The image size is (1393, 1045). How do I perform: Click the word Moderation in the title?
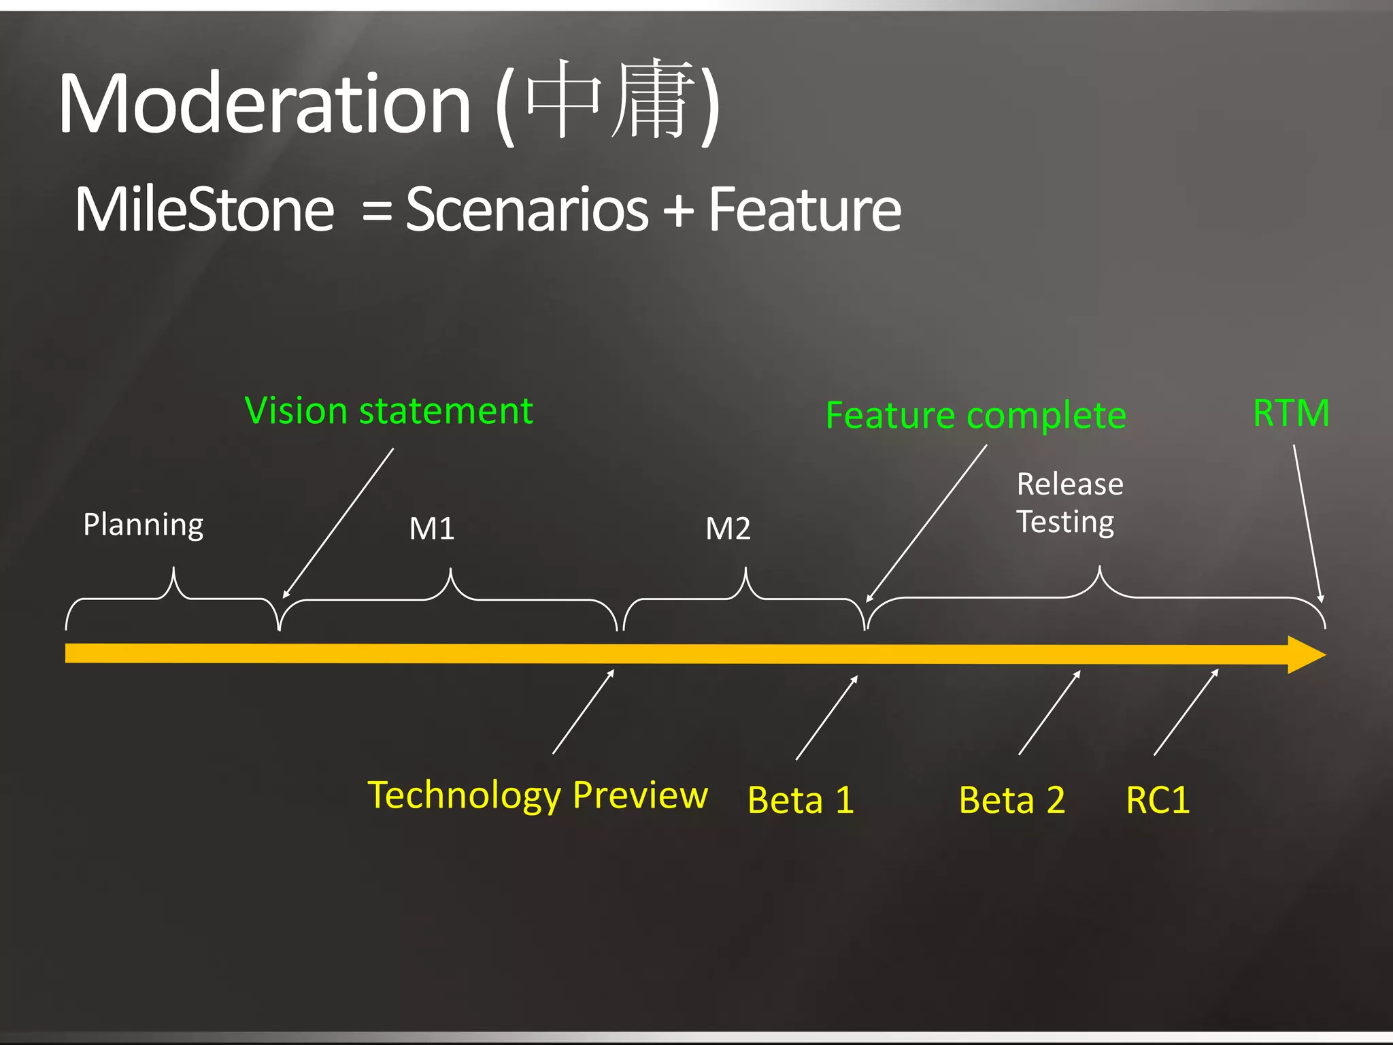(265, 104)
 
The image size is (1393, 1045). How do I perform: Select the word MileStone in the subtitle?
(204, 210)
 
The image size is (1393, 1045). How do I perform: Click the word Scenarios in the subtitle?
(527, 210)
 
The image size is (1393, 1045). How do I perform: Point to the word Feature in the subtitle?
(805, 210)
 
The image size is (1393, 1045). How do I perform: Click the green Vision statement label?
(388, 412)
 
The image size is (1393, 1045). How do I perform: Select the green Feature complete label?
(975, 416)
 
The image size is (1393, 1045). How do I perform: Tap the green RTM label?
(1290, 413)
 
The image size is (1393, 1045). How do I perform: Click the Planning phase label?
(144, 525)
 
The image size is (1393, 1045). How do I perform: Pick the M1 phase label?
(432, 529)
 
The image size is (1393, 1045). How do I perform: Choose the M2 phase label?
(728, 529)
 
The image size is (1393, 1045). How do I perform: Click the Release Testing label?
(1069, 503)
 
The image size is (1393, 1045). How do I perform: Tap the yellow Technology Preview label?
(537, 795)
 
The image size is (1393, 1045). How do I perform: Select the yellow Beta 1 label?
(801, 800)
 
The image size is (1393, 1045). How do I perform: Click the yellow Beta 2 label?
(1011, 800)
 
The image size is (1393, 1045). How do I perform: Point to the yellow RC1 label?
(1158, 800)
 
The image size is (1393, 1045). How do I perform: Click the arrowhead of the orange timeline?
(1306, 655)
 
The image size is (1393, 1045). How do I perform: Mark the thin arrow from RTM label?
(1307, 524)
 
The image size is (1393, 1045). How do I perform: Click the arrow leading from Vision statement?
(338, 523)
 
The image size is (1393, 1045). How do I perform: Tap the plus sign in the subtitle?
(678, 210)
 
